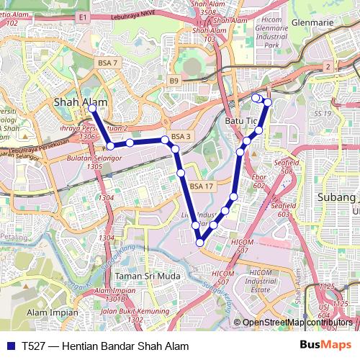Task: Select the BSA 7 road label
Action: (x=107, y=63)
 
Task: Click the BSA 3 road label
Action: (x=181, y=136)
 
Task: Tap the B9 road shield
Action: (x=174, y=80)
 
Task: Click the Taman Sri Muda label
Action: (x=148, y=276)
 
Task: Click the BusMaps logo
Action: (x=326, y=346)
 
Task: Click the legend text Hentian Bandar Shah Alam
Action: (x=126, y=346)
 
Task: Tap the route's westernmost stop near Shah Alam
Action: (x=92, y=108)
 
